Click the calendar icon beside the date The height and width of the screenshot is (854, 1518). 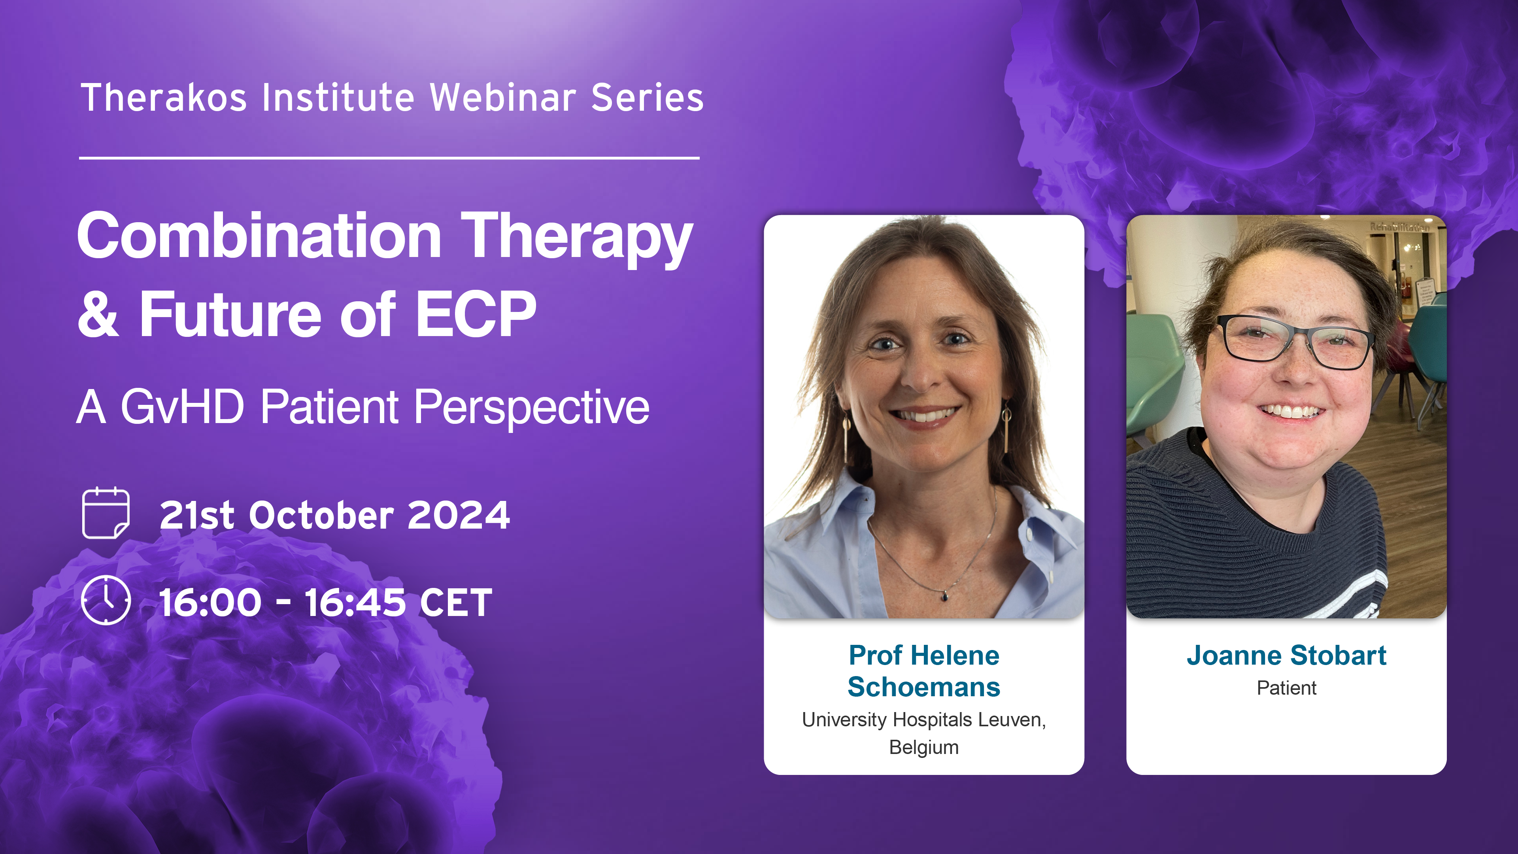[106, 513]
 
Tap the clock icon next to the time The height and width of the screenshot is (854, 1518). [106, 600]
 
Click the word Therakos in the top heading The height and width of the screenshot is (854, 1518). [164, 98]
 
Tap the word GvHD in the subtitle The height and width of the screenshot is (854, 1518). [182, 407]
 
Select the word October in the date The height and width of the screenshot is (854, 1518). [321, 515]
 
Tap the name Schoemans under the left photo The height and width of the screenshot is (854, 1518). [923, 687]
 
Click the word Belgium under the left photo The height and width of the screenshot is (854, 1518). [923, 747]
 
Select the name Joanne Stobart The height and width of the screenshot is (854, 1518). [1286, 656]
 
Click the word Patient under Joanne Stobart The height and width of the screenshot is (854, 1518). [1286, 688]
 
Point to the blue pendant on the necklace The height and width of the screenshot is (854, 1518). [945, 597]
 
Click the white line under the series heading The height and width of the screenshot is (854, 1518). [389, 158]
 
